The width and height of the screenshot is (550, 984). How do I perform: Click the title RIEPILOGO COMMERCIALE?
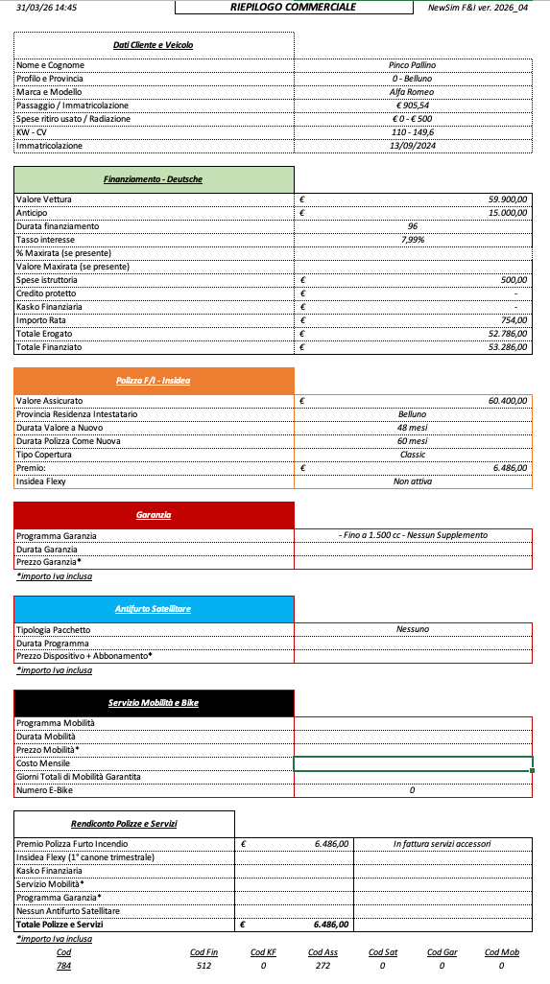[x=293, y=7]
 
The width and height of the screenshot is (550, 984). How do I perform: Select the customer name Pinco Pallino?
[x=412, y=65]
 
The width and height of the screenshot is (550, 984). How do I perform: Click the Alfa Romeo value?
[x=412, y=92]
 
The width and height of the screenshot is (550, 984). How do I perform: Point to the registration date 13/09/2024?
[x=412, y=146]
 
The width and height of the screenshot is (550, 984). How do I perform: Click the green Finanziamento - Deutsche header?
[x=154, y=179]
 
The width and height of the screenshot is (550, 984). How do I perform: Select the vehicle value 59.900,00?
[x=508, y=199]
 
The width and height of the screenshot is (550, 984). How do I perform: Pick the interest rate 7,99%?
[x=412, y=240]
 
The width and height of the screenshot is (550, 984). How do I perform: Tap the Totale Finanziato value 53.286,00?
[x=508, y=347]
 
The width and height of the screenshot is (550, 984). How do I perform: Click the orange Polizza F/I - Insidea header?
[x=154, y=381]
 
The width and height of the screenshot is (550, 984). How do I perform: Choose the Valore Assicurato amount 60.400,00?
[x=508, y=400]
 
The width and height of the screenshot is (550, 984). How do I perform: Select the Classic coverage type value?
[x=412, y=455]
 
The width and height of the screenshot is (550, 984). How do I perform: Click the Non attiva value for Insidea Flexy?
[x=412, y=481]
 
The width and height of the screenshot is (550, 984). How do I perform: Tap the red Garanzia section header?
[x=154, y=515]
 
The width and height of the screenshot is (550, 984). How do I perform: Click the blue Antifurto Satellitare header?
[x=154, y=609]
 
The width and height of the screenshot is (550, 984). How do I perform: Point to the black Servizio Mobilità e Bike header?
[x=154, y=703]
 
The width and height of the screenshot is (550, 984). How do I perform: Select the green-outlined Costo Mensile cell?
[x=413, y=763]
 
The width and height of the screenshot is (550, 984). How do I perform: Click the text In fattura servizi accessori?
[x=442, y=844]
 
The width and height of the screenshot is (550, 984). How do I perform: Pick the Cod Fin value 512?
[x=203, y=966]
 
